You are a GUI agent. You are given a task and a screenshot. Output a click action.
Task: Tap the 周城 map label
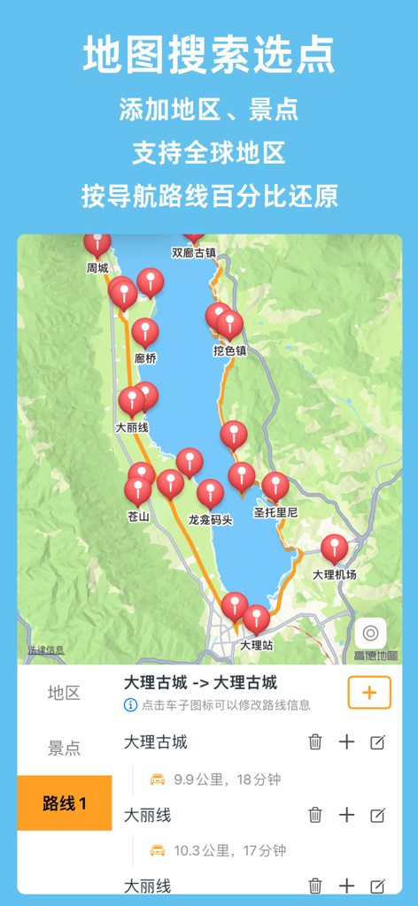[97, 268]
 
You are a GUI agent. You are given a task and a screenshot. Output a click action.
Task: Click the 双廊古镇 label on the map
[194, 252]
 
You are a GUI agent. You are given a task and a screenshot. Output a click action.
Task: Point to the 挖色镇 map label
[229, 350]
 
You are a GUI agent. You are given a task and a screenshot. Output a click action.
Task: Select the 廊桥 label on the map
[145, 358]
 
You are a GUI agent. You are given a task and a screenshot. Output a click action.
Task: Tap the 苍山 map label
[138, 517]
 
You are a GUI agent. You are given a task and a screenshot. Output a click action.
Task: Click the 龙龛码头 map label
[211, 519]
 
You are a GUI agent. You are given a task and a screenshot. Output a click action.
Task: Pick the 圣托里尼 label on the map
[275, 512]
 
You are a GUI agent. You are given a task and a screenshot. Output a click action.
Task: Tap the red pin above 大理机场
[335, 549]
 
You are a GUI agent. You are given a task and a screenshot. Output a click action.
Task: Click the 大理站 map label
[257, 646]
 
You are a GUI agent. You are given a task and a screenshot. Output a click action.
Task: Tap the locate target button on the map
[370, 633]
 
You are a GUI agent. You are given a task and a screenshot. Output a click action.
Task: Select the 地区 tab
[64, 693]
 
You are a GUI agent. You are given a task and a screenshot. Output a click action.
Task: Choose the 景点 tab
[64, 749]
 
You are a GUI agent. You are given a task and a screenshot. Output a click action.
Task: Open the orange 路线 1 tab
[65, 803]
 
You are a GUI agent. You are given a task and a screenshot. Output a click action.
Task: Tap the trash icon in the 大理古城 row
[315, 742]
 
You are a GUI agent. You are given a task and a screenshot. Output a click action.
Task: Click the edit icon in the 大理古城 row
[377, 742]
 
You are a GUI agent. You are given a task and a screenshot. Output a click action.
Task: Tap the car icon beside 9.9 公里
[158, 779]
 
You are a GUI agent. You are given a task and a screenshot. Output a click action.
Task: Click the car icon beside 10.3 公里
[158, 850]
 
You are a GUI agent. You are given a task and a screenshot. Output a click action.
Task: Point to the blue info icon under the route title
[130, 705]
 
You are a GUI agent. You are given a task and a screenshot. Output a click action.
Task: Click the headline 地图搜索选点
[209, 55]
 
